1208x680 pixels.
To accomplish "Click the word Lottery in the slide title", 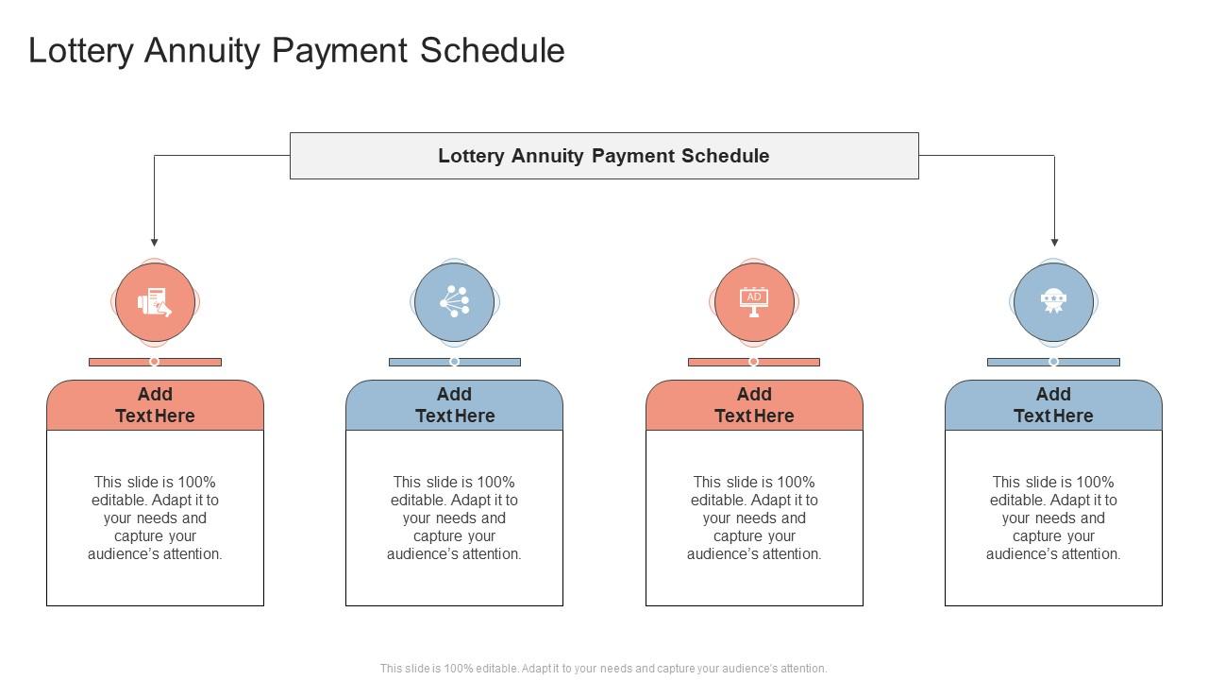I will pyautogui.click(x=81, y=51).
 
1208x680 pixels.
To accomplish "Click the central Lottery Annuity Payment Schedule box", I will pyautogui.click(x=604, y=156).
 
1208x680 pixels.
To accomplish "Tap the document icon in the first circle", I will pyautogui.click(x=155, y=302).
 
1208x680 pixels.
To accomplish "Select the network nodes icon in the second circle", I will pyautogui.click(x=454, y=302).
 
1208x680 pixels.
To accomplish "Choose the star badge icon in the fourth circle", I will pyautogui.click(x=1053, y=302).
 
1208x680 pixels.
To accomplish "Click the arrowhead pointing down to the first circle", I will pyautogui.click(x=155, y=242).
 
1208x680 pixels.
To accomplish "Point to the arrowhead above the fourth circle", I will pyautogui.click(x=1054, y=242).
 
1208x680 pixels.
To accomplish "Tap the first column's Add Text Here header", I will pyautogui.click(x=155, y=405).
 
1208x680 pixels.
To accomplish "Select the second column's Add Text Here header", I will pyautogui.click(x=454, y=405).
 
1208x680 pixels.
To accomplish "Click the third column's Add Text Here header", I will pyautogui.click(x=754, y=405).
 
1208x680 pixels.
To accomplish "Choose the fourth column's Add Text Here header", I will pyautogui.click(x=1053, y=405).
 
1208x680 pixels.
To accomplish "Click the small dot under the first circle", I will pyautogui.click(x=155, y=362).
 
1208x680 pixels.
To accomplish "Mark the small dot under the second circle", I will pyautogui.click(x=454, y=362).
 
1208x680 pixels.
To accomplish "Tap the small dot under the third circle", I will pyautogui.click(x=753, y=362).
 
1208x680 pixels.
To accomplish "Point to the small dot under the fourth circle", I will pyautogui.click(x=1053, y=362).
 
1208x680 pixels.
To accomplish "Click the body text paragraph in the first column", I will pyautogui.click(x=155, y=518).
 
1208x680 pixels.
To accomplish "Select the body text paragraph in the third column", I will pyautogui.click(x=754, y=518).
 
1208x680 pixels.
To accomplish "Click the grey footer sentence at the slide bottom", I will pyautogui.click(x=604, y=669).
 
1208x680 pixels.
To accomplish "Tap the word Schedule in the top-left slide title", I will pyautogui.click(x=492, y=51).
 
